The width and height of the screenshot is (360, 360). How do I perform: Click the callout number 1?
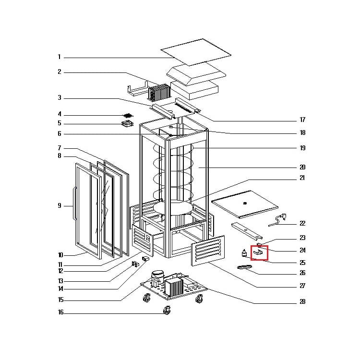[x=60, y=57]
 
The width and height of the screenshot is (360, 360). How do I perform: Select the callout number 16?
[x=60, y=313]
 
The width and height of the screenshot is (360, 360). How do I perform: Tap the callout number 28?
[x=302, y=302]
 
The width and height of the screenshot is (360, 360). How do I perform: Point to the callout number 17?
[x=302, y=120]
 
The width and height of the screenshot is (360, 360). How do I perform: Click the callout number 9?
[x=60, y=206]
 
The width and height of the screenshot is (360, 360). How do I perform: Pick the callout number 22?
[x=302, y=224]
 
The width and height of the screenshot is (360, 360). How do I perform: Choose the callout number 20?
[x=302, y=168]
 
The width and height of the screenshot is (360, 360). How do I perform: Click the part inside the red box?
[x=259, y=251]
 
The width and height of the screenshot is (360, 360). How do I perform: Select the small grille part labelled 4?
[x=127, y=115]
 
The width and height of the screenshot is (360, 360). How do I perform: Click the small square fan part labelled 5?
[x=127, y=124]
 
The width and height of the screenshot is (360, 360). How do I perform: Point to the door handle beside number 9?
[x=74, y=204]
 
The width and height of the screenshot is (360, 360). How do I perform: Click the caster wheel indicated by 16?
[x=168, y=311]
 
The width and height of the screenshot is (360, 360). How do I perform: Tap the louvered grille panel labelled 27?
[x=208, y=251]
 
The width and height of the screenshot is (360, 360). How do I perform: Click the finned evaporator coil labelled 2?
[x=160, y=91]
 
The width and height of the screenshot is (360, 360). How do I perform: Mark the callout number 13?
[x=60, y=281]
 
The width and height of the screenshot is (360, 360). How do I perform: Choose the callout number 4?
[x=60, y=115]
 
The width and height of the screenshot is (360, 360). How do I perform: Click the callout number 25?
[x=302, y=263]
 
